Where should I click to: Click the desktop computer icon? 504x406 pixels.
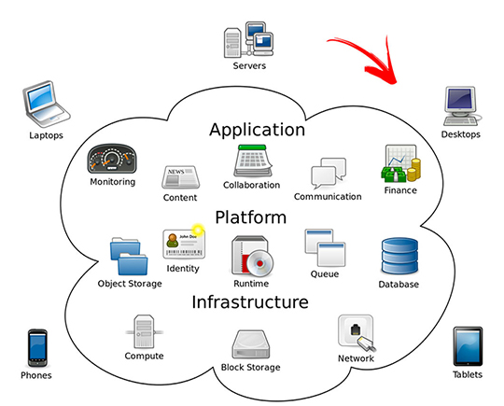coord(460,105)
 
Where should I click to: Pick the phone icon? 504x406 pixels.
coord(36,347)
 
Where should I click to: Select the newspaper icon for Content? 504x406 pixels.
coord(179,177)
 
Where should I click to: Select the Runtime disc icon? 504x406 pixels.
coord(250,257)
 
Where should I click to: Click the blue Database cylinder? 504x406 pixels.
coord(399,257)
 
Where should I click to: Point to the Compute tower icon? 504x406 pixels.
coord(144,331)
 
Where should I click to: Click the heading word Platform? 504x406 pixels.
coord(251,217)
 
